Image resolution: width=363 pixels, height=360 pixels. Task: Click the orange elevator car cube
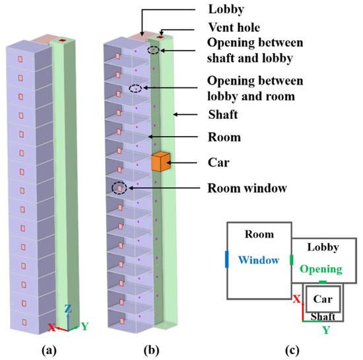(x=160, y=162)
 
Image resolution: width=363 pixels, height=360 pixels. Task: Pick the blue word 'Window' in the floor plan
(x=259, y=260)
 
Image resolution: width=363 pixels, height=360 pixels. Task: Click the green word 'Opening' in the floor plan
(x=321, y=270)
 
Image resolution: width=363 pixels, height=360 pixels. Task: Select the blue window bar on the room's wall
(x=227, y=260)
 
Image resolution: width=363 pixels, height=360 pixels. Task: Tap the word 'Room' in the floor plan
(x=259, y=234)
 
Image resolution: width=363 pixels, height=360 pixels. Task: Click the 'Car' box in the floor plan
(x=322, y=299)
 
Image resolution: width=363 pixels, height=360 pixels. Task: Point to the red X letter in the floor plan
(x=297, y=299)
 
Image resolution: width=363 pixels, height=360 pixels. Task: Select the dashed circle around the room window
(x=119, y=188)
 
